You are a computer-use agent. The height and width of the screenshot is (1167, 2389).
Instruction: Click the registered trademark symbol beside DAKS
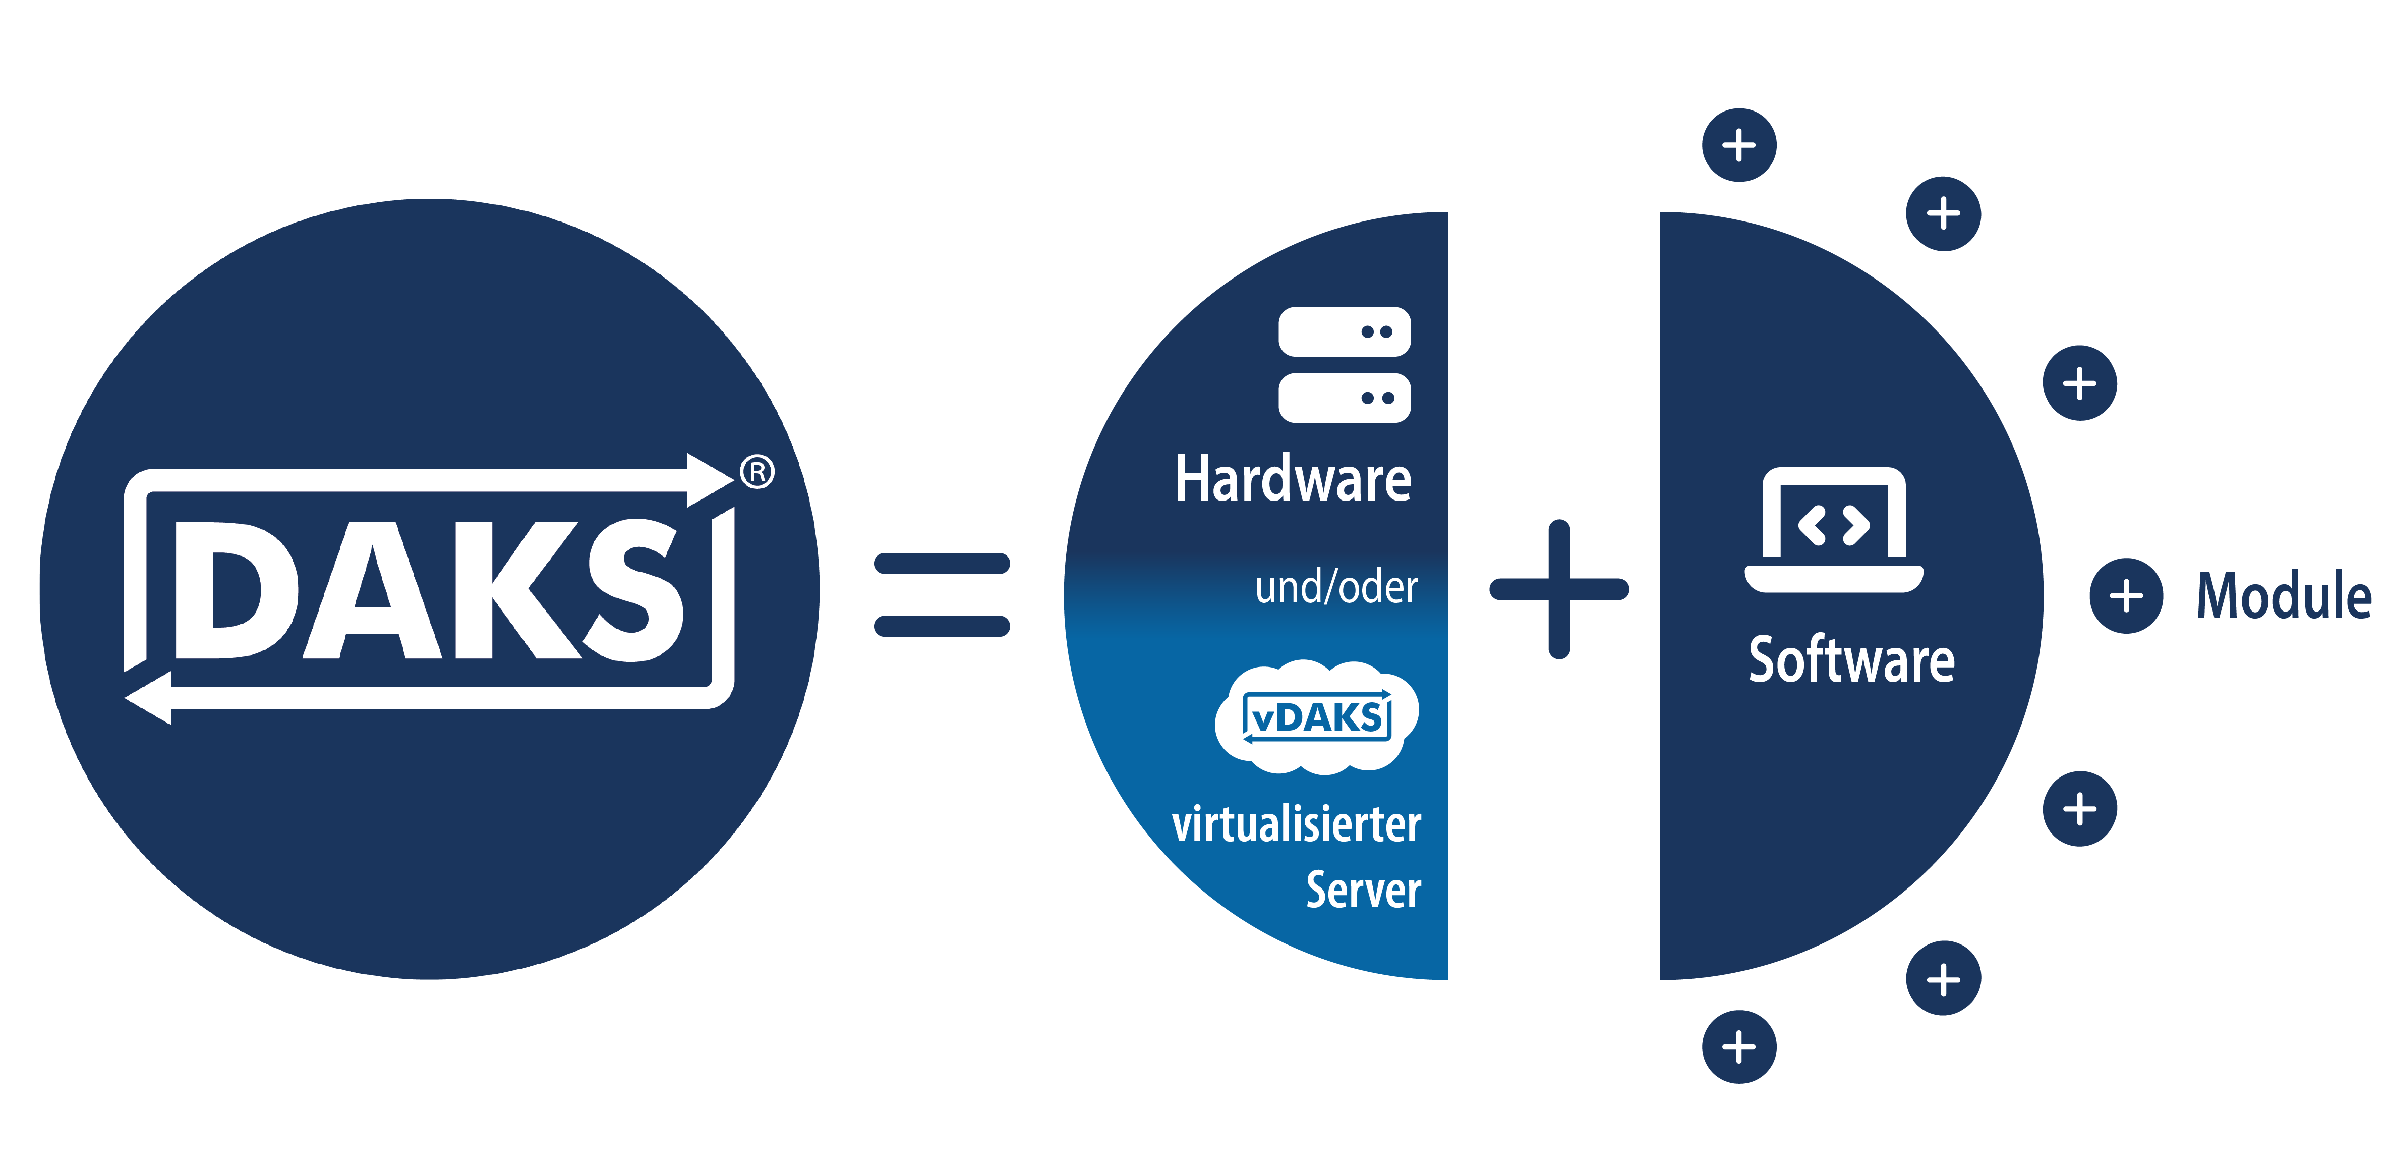coord(757,472)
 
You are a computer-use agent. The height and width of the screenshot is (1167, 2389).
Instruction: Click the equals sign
coord(941,595)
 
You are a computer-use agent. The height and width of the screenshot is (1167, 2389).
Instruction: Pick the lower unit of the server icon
coord(1344,398)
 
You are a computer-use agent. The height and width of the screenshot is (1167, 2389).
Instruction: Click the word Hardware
coord(1293,480)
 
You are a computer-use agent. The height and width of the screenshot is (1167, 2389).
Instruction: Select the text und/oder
coord(1335,587)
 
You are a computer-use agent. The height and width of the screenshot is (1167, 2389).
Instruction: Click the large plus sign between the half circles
coord(1559,589)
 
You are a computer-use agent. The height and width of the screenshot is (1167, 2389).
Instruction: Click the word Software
coord(1851,660)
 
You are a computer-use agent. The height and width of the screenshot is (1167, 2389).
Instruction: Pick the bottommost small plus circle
coord(1739,1047)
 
